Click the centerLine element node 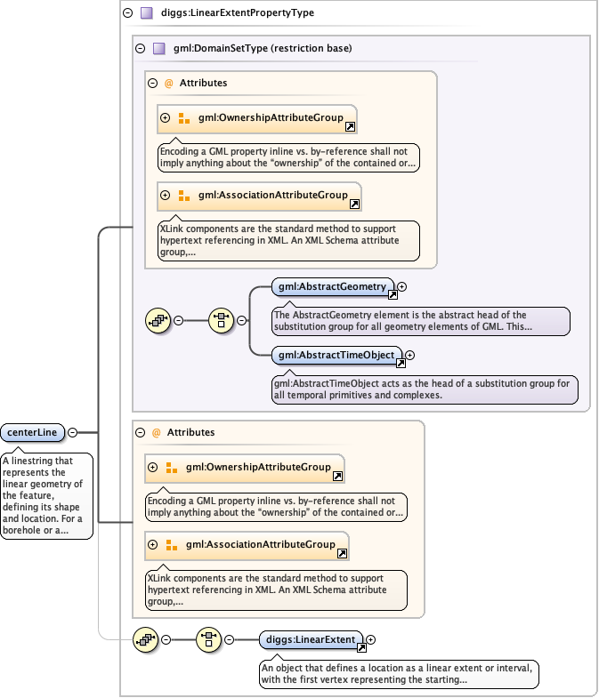tap(33, 432)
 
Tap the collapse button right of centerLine tap(73, 432)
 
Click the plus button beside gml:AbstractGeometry tap(401, 286)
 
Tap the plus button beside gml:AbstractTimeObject tap(410, 355)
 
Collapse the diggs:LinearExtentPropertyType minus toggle tap(127, 13)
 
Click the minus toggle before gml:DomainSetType tap(140, 48)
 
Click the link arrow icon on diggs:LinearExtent tap(361, 647)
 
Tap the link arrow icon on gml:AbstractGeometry tap(393, 294)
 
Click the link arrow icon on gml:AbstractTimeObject tap(401, 363)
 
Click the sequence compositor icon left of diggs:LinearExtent tap(209, 639)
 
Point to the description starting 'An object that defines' tap(399, 673)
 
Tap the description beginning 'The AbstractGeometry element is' tap(420, 321)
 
